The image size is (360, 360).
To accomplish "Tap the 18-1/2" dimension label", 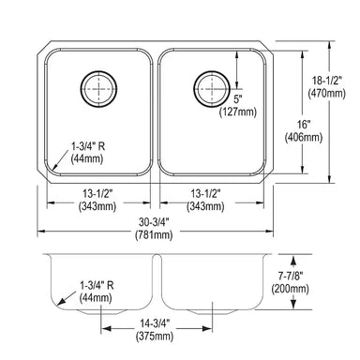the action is tap(327, 82).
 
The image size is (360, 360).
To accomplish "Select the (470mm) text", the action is tap(327, 93).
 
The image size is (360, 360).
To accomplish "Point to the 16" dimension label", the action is tap(304, 125).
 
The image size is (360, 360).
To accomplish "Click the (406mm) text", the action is tap(304, 137).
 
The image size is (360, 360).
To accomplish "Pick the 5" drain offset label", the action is tap(238, 99).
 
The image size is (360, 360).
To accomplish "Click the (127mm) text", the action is tap(238, 112).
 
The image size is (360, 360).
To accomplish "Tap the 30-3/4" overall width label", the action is tap(154, 222).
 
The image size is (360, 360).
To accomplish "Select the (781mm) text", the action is tap(154, 234).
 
